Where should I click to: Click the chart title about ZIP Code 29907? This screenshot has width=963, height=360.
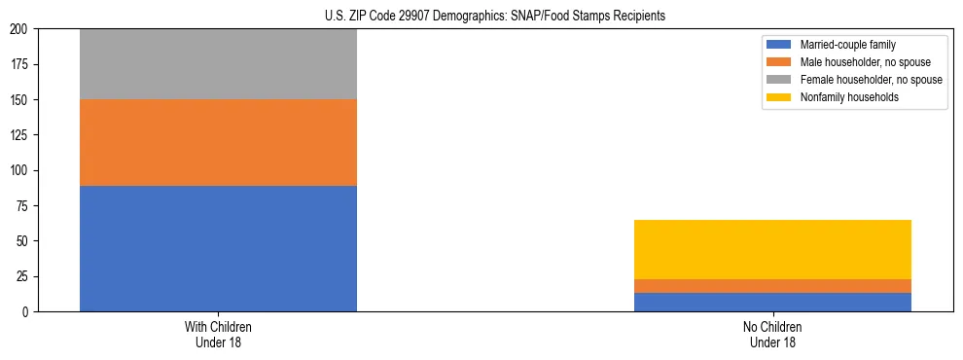pos(495,17)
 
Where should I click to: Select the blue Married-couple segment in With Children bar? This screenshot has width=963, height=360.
pos(218,248)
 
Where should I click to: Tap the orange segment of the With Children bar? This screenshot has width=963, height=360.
pos(218,142)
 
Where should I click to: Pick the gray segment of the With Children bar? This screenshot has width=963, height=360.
pos(218,64)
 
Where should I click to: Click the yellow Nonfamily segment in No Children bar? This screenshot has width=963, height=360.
pos(772,249)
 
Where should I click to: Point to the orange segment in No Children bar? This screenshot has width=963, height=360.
pos(772,286)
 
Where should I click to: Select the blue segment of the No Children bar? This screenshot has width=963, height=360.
pos(772,302)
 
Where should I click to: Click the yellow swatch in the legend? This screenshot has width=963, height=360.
pos(779,97)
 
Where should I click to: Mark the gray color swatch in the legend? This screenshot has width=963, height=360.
pos(779,80)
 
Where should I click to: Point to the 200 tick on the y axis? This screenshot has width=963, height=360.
pos(22,29)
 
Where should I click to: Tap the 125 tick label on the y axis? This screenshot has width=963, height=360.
pos(22,135)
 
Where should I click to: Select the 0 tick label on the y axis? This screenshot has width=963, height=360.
pos(28,311)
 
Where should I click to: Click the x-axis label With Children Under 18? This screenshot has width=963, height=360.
pos(218,334)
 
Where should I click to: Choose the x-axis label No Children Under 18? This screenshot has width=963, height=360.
pos(772,334)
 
